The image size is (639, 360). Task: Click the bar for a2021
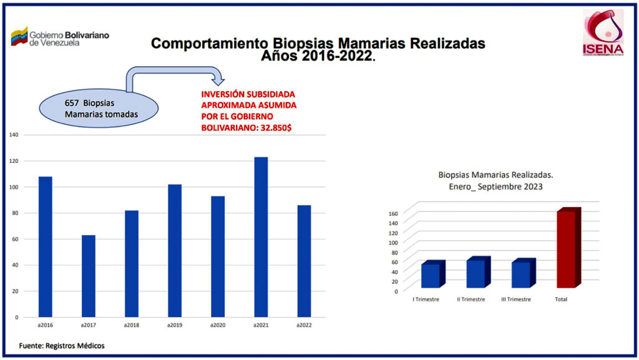click(261, 237)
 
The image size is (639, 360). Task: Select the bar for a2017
click(89, 276)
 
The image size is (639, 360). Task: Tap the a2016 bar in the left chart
click(46, 246)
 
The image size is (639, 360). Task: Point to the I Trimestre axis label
click(426, 299)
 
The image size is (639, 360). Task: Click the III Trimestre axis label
click(516, 299)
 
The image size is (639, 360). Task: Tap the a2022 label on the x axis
click(303, 326)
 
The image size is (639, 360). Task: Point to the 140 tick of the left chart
click(14, 135)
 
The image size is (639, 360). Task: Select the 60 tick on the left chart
click(15, 239)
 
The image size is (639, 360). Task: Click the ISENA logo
click(602, 32)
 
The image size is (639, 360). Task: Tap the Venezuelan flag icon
click(19, 36)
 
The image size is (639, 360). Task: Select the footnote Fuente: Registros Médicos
click(61, 345)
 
